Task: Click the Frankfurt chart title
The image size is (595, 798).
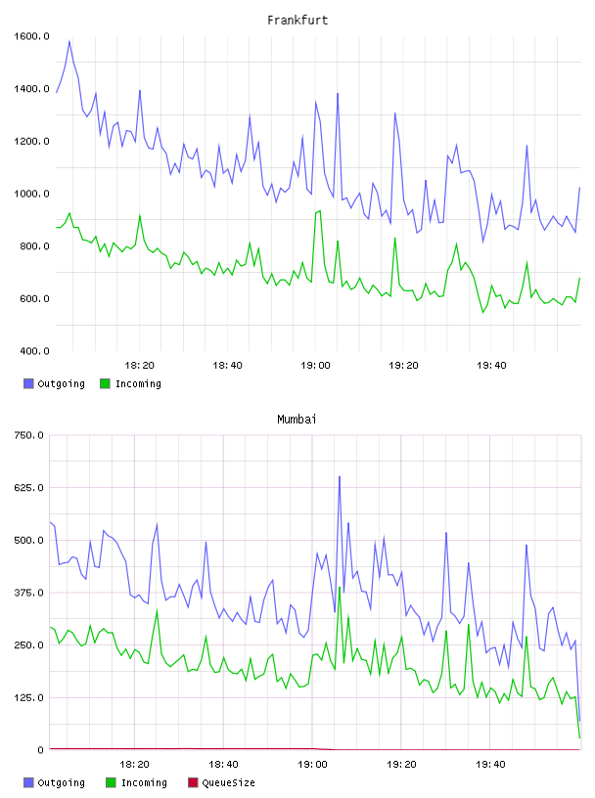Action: tap(297, 21)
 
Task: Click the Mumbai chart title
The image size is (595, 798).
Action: tap(297, 420)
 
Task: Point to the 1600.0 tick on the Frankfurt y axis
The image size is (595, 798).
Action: tap(31, 36)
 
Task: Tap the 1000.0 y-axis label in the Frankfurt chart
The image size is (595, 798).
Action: tap(31, 194)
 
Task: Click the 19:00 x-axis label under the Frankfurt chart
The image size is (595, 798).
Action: tap(315, 366)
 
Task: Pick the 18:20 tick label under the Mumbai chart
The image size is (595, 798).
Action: tap(134, 765)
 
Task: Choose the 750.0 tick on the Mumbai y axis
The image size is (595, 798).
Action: tap(28, 435)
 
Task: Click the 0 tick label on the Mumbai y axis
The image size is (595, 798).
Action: tap(40, 750)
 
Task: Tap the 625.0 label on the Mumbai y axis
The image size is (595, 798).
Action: tap(28, 488)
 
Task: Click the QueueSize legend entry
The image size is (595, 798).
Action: tap(221, 782)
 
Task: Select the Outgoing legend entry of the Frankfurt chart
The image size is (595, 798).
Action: tap(54, 383)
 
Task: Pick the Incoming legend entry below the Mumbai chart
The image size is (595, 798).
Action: tap(137, 782)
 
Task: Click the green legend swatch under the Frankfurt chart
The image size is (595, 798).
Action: tap(105, 383)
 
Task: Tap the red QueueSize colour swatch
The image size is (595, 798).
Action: tap(193, 782)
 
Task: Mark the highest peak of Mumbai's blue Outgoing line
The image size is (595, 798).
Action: tap(340, 477)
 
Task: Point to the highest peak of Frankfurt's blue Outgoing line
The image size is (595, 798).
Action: tap(69, 41)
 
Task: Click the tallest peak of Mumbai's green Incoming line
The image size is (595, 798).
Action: tap(340, 588)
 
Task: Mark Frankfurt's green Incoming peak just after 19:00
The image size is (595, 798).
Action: tap(320, 210)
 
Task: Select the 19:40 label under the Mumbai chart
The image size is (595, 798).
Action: tap(490, 765)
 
